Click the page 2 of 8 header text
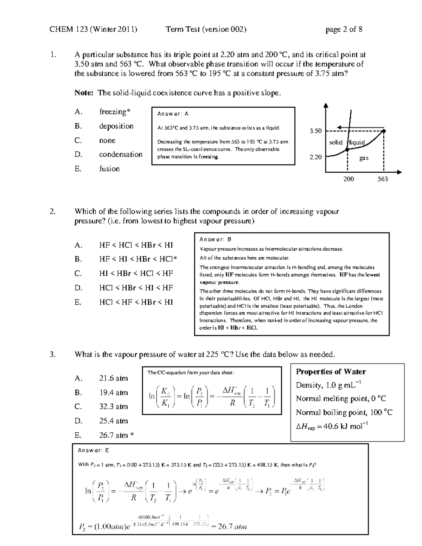coord(344,30)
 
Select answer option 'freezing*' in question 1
coord(115,112)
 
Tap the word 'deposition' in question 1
coord(116,126)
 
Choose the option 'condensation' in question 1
coord(121,154)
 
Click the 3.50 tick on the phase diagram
coord(315,131)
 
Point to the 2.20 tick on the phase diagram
coord(315,157)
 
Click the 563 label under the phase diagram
coord(383,179)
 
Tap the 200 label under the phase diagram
coord(349,179)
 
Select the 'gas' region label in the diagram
coord(364,158)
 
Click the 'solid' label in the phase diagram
coord(335,142)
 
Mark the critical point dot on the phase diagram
coord(384,131)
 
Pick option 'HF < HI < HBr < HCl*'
coord(138,259)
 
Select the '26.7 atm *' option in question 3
coord(116,435)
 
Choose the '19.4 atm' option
coord(114,393)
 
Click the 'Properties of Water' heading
coord(331,372)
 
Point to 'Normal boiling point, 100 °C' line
coord(344,412)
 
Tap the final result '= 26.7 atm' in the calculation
coord(229,526)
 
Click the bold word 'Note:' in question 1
coord(84,93)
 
